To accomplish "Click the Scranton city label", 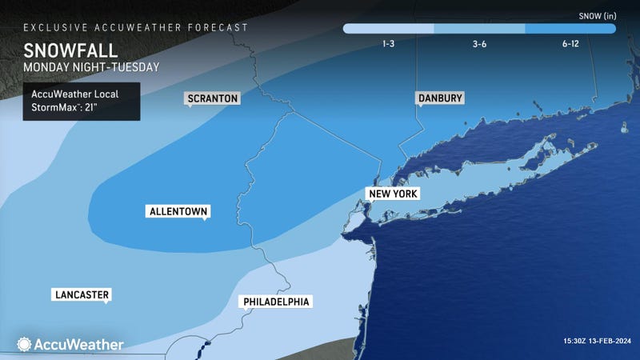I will click(x=212, y=98).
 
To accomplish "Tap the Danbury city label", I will click(x=440, y=98).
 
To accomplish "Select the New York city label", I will click(x=392, y=194).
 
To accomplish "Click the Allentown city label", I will click(x=178, y=212).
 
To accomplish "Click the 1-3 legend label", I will click(x=388, y=44).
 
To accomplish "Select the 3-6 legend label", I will click(x=479, y=44).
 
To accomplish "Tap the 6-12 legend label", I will click(x=570, y=44).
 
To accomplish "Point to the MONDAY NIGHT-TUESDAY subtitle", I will click(x=81, y=67).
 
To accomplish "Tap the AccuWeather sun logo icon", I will click(x=23, y=344).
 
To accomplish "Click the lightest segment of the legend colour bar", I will click(x=389, y=28).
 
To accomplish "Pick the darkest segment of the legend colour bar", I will click(x=570, y=28).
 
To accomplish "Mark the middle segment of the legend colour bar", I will click(x=479, y=28).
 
